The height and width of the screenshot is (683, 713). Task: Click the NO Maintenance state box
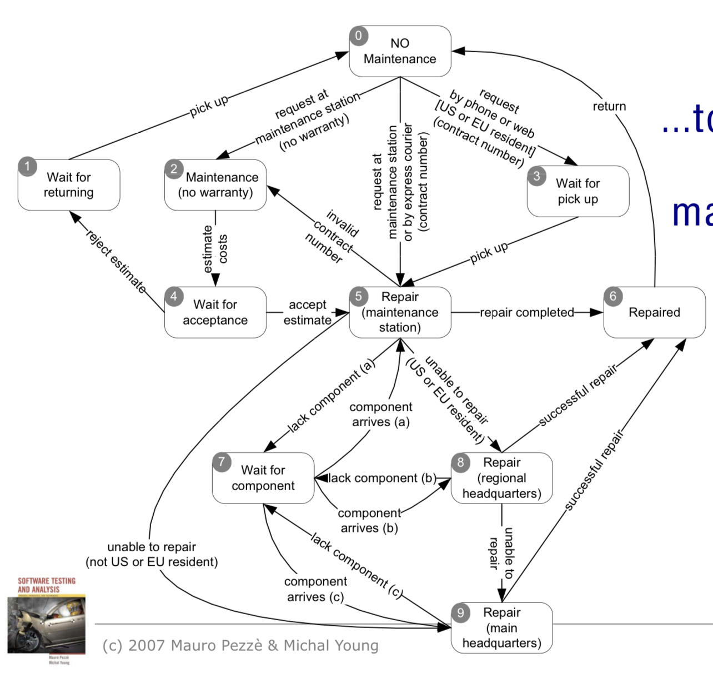pos(400,51)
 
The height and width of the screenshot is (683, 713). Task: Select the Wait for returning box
pos(69,185)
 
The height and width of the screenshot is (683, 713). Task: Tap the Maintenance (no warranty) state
pos(215,185)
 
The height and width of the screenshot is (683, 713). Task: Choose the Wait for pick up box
pos(578,191)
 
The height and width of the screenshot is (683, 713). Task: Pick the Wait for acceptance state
pos(215,312)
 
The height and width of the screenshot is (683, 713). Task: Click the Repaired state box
pos(654,312)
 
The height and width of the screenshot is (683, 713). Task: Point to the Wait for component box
pos(263,478)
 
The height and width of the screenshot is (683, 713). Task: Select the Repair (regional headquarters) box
pos(502,478)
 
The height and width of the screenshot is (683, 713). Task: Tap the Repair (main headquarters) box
pos(502,628)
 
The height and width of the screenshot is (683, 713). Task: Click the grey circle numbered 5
pos(359,296)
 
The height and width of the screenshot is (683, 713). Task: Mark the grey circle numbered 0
pos(359,36)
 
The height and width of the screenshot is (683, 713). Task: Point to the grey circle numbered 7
pos(222,462)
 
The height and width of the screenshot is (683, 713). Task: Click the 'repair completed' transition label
pos(526,312)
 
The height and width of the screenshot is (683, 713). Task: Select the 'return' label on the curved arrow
pos(609,106)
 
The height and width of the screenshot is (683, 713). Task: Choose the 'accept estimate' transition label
pos(307,312)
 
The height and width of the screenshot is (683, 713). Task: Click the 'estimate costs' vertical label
pos(215,249)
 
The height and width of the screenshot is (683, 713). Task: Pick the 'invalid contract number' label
pos(333,236)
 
